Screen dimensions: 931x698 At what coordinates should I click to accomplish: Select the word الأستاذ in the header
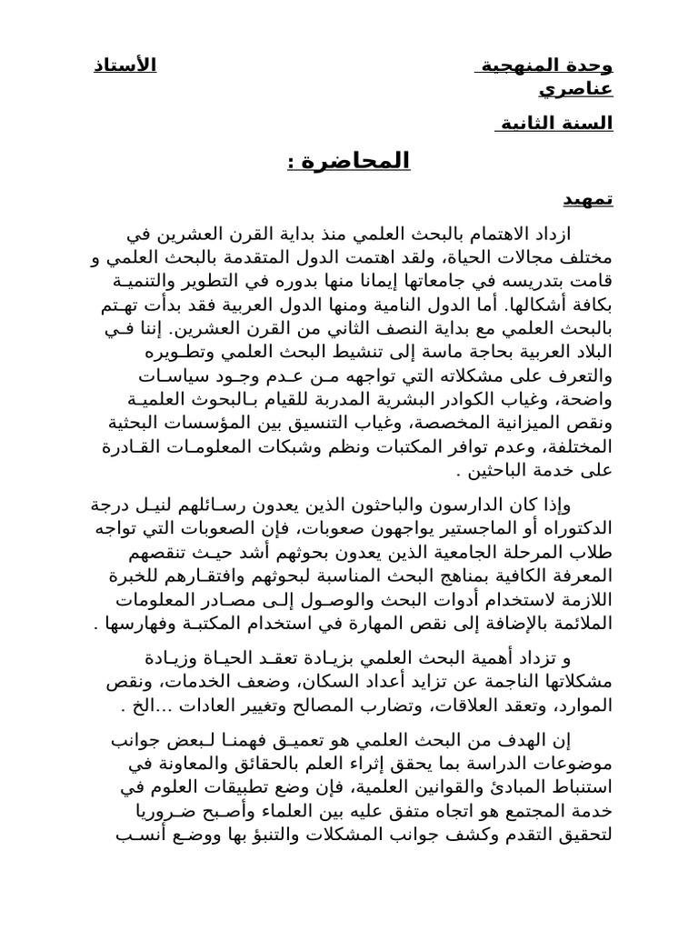125,65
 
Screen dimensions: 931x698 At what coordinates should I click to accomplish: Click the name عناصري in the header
577,89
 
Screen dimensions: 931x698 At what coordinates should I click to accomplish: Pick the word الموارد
584,706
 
